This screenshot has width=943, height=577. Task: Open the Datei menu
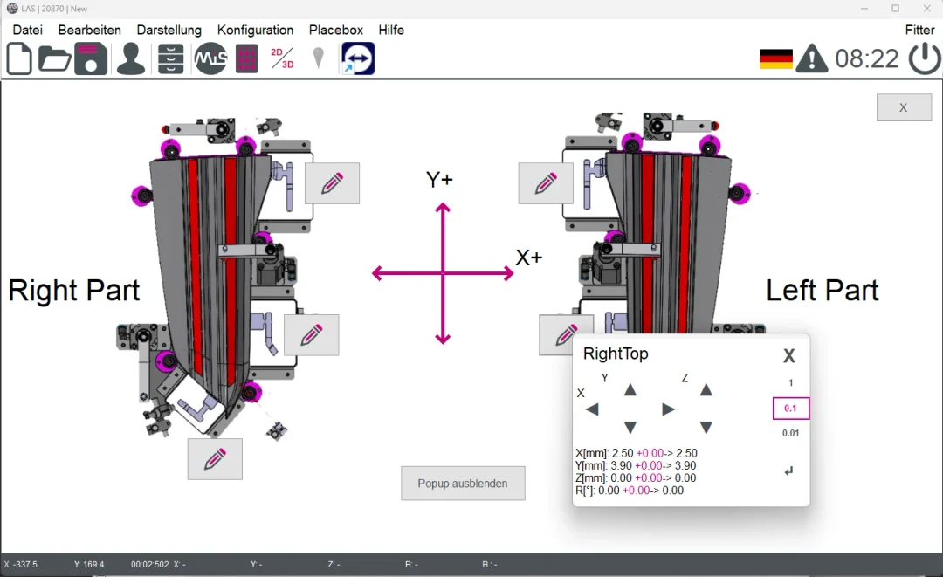(x=27, y=30)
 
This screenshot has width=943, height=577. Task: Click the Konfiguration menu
(x=255, y=30)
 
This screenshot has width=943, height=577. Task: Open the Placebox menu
(x=335, y=30)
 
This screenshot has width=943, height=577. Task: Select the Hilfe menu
(x=391, y=30)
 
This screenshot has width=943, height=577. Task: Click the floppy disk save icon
(x=91, y=58)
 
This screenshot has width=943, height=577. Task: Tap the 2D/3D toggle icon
(x=282, y=58)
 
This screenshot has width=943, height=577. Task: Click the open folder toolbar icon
(x=54, y=58)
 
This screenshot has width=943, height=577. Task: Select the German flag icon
(x=775, y=58)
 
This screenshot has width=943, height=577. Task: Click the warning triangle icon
(x=812, y=58)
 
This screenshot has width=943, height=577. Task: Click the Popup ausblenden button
(x=463, y=483)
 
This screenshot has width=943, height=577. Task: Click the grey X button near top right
(x=904, y=107)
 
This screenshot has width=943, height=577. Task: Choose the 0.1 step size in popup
(x=791, y=409)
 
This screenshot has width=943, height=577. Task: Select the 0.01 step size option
(x=791, y=433)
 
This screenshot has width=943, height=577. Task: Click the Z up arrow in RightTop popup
(x=706, y=390)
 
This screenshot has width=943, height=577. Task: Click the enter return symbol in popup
(x=789, y=471)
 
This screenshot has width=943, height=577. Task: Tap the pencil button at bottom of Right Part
(x=215, y=458)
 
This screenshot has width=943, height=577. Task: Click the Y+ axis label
(x=439, y=179)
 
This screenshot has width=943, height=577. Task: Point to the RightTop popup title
(x=616, y=354)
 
